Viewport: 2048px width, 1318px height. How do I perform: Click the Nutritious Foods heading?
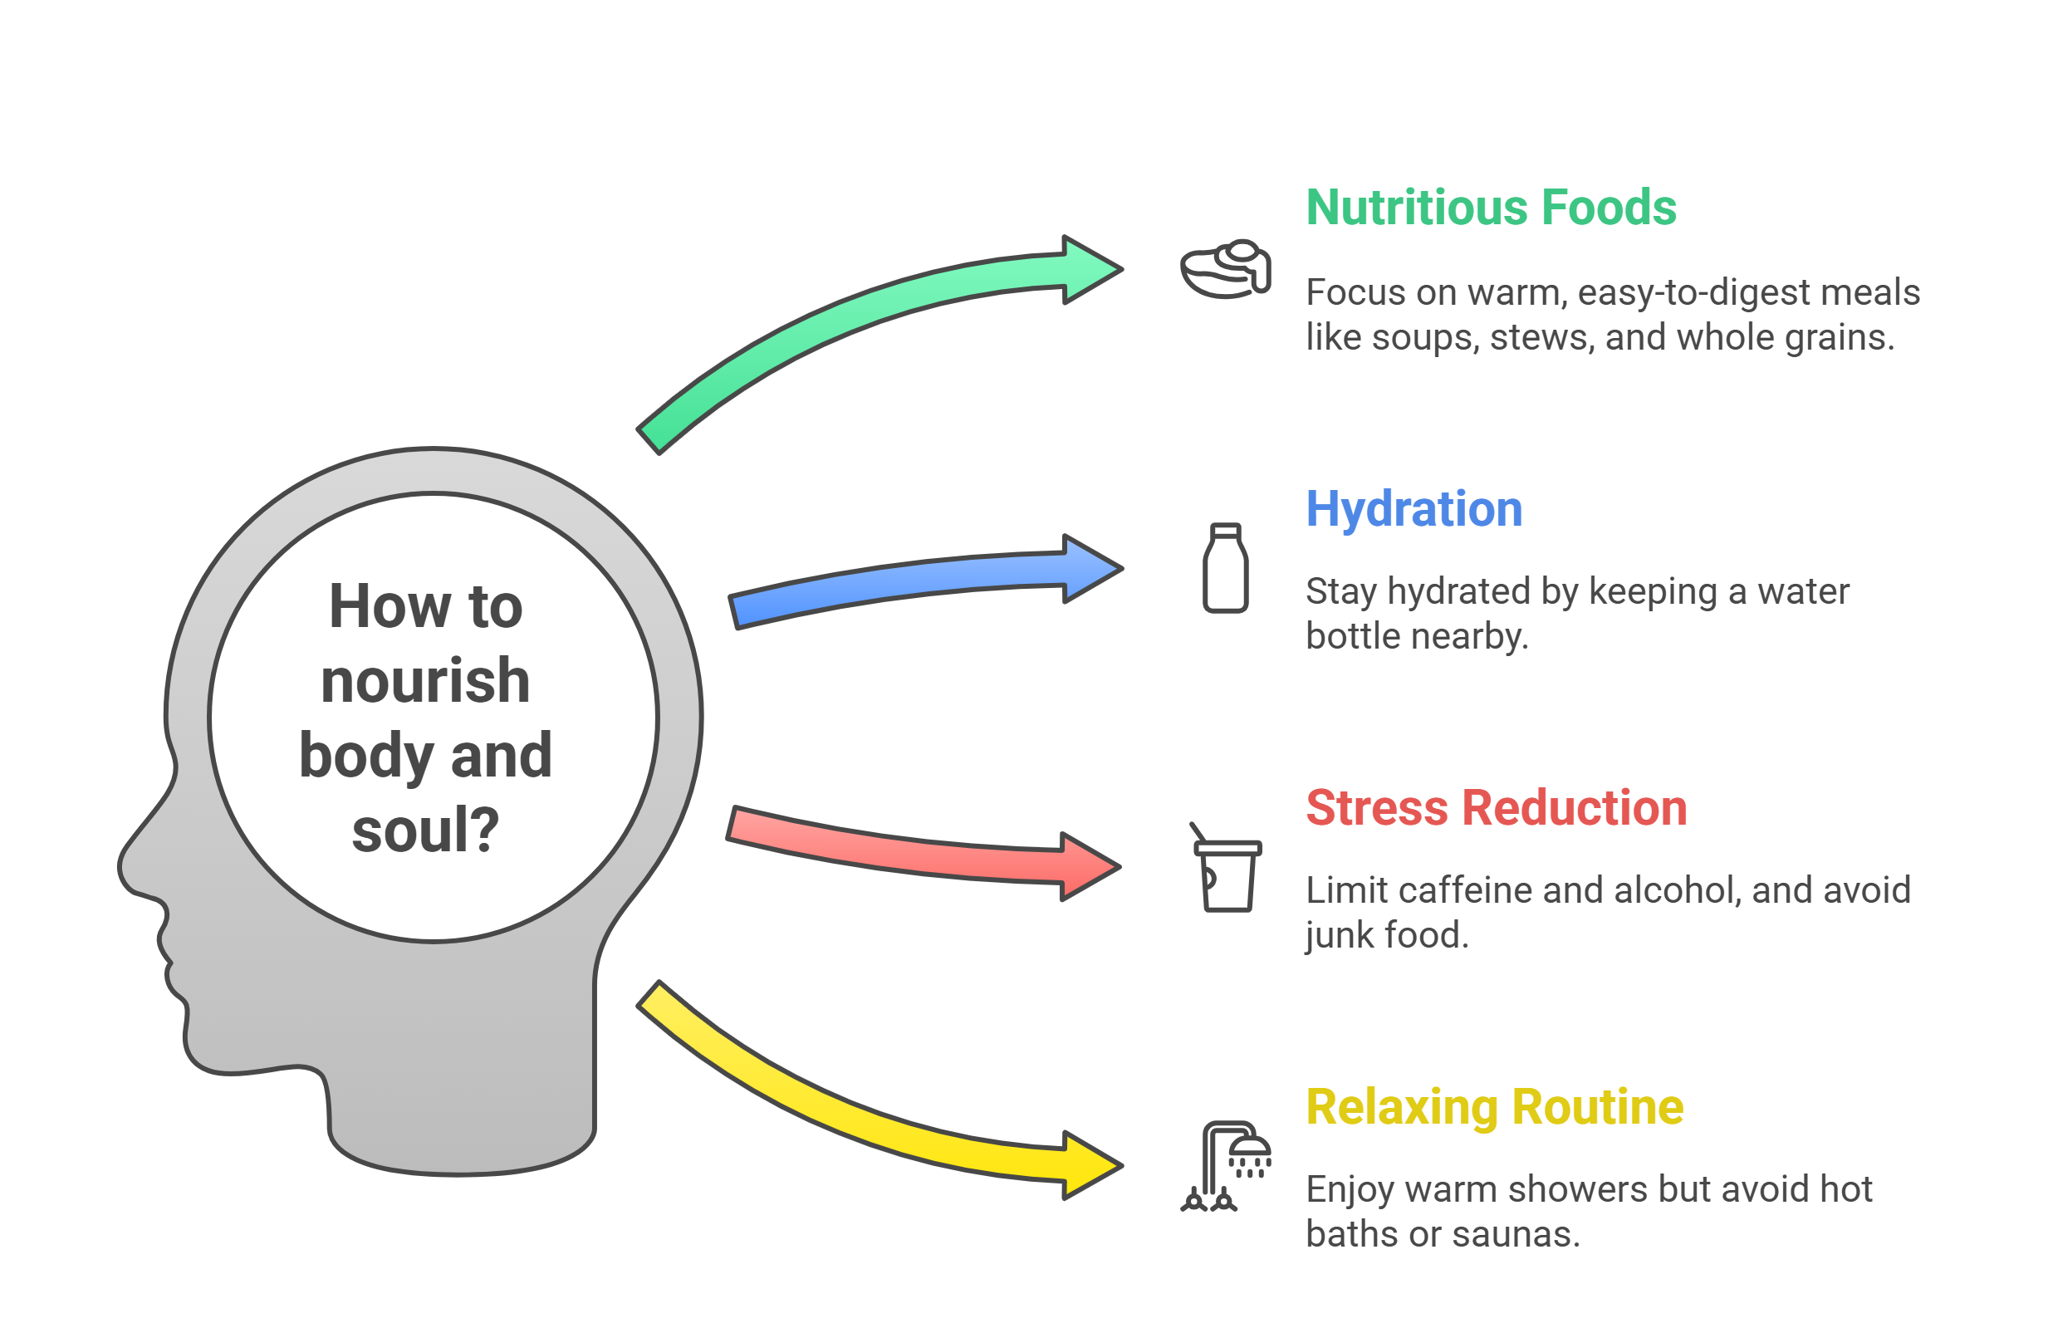[1490, 208]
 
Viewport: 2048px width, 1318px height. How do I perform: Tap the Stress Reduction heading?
[1496, 808]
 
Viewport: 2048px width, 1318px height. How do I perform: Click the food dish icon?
[1225, 269]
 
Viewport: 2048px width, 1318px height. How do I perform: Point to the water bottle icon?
[1225, 568]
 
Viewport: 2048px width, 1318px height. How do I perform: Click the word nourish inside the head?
[425, 682]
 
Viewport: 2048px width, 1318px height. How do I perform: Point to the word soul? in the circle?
[425, 830]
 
